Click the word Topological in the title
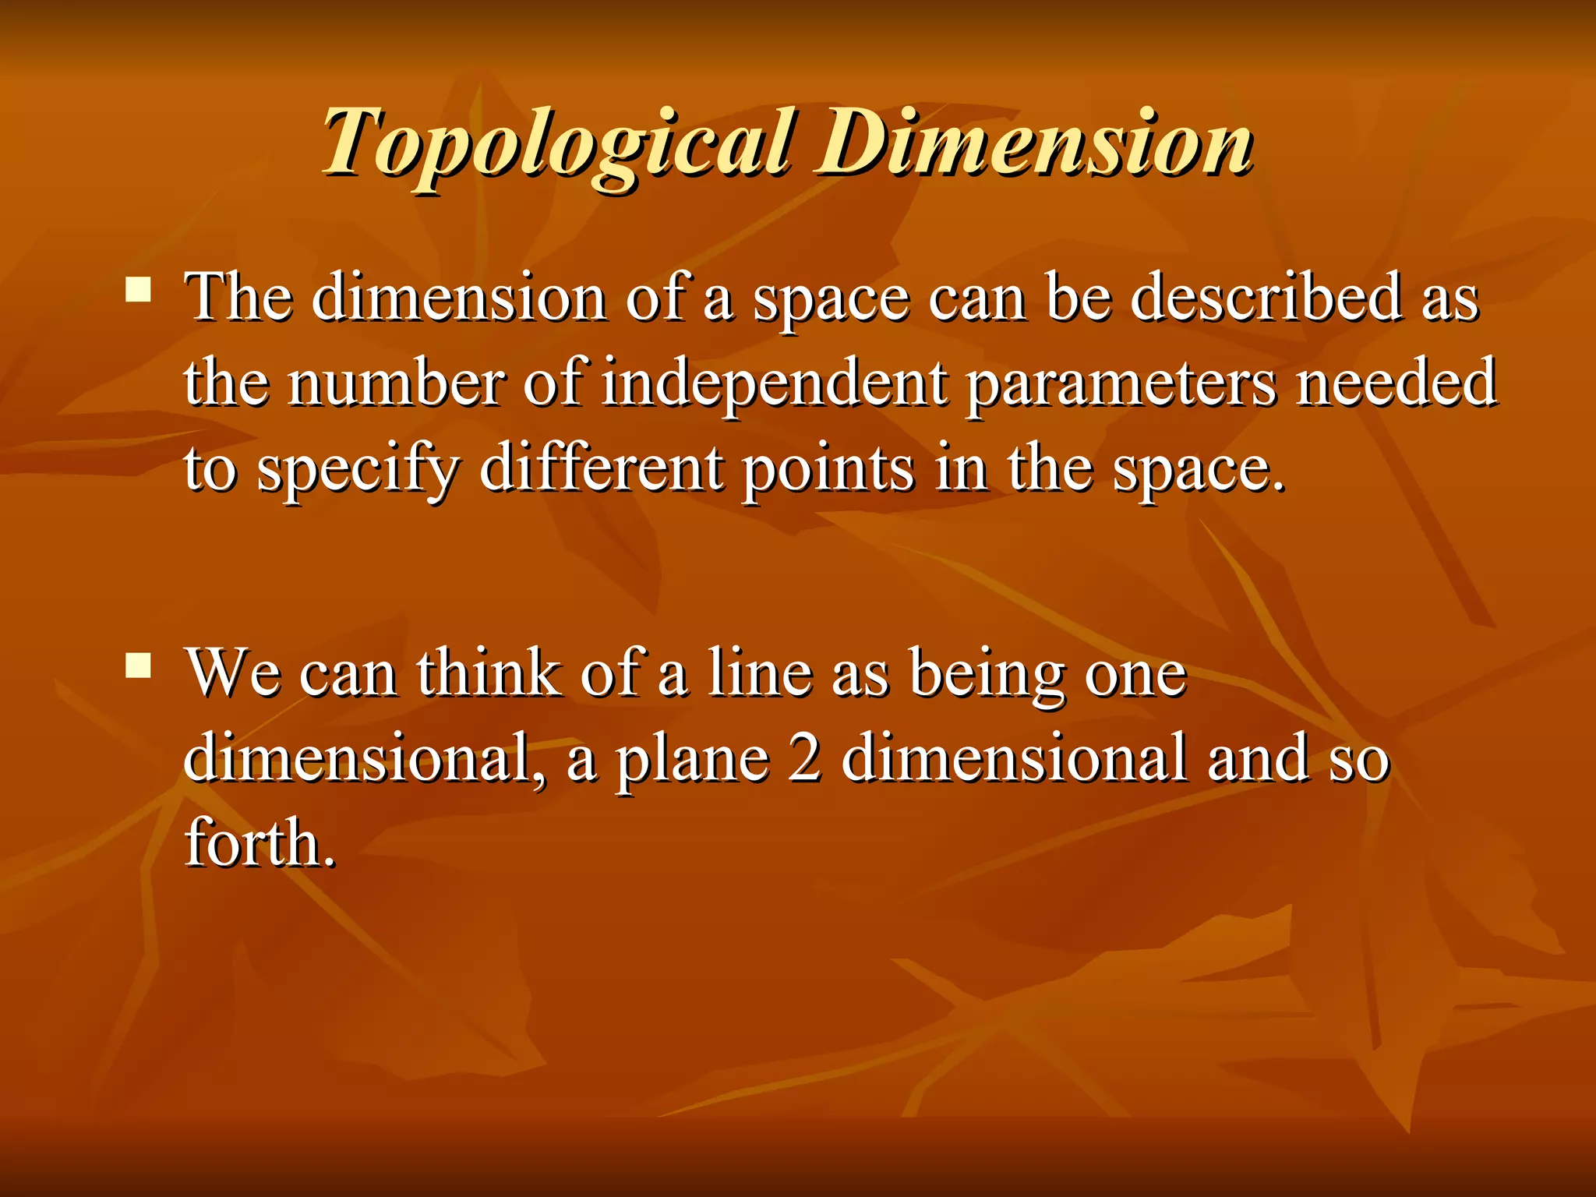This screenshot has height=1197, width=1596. click(x=558, y=144)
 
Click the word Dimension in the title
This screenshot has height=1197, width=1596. click(x=1033, y=144)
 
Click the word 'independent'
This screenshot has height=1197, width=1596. click(x=775, y=383)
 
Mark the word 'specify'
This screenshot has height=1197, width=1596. click(x=358, y=471)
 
